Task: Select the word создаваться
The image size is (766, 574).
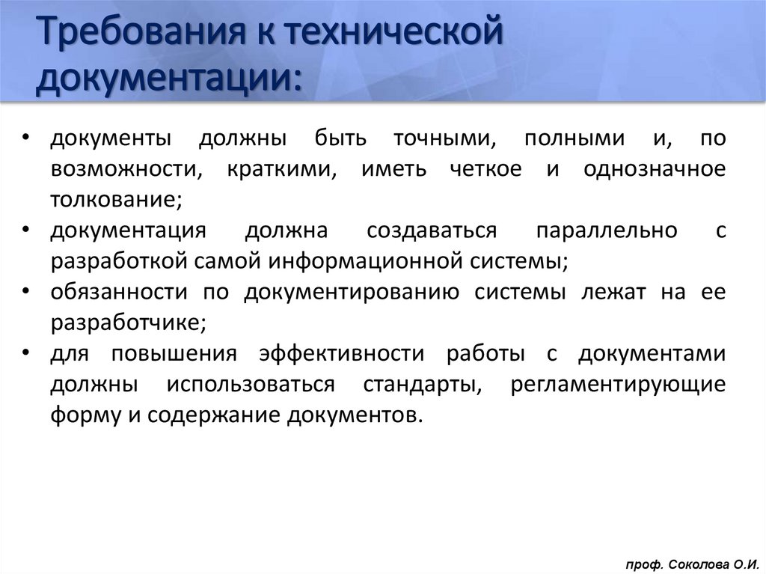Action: pyautogui.click(x=432, y=231)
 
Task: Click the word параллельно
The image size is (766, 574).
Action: pyautogui.click(x=607, y=231)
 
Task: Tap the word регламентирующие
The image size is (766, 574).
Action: pyautogui.click(x=619, y=385)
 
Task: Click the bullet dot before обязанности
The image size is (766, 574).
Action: pyautogui.click(x=26, y=293)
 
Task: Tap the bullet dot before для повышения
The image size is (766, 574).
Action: pyautogui.click(x=26, y=354)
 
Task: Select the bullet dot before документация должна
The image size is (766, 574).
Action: pyautogui.click(x=26, y=231)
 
